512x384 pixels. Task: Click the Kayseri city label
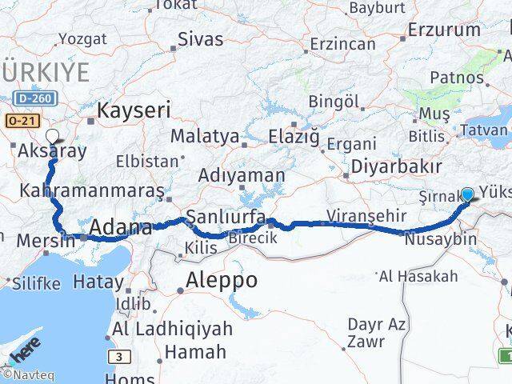(134, 110)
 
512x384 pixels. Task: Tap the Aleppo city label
(222, 280)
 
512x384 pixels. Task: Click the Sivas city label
(201, 38)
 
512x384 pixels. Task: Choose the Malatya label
(204, 137)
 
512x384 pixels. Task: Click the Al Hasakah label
(430, 276)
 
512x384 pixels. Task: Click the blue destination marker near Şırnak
(468, 194)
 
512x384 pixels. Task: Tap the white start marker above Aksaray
(53, 135)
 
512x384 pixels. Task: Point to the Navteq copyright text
(20, 374)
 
